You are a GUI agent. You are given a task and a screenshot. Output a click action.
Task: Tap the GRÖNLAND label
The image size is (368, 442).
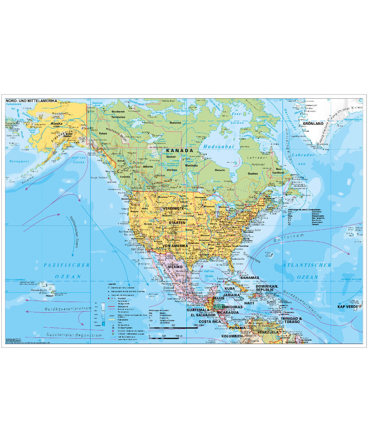click(x=313, y=124)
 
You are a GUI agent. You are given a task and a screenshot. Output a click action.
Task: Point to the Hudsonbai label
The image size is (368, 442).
click(x=218, y=146)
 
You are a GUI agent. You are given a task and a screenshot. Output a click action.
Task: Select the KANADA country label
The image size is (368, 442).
click(x=180, y=150)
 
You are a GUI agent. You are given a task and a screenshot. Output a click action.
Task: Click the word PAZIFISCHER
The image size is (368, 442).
click(x=67, y=265)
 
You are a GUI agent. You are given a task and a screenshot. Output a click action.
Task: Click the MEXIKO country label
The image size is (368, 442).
click(x=175, y=266)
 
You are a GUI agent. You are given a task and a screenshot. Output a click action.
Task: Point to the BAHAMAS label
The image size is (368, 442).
click(x=250, y=278)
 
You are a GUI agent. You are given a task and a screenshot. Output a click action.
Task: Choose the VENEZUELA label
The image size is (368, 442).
click(x=268, y=332)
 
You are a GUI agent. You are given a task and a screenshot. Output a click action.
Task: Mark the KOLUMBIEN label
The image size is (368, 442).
click(x=232, y=336)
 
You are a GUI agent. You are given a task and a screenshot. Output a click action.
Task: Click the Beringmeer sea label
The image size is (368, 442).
click(x=19, y=161)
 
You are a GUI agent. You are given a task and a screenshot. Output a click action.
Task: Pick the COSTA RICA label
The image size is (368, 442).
click(x=208, y=322)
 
